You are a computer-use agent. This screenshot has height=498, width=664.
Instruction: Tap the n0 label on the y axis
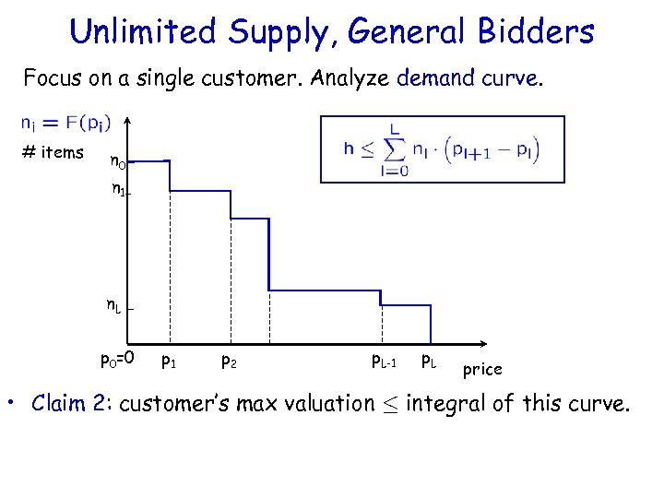click(117, 163)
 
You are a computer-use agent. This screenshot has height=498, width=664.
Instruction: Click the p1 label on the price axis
click(169, 360)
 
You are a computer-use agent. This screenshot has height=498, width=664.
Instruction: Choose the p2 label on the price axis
click(230, 360)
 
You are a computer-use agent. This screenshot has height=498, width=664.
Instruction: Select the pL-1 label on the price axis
click(384, 360)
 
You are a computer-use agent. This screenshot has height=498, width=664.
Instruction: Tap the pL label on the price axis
click(430, 360)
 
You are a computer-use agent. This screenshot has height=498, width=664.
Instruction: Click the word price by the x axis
click(482, 369)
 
